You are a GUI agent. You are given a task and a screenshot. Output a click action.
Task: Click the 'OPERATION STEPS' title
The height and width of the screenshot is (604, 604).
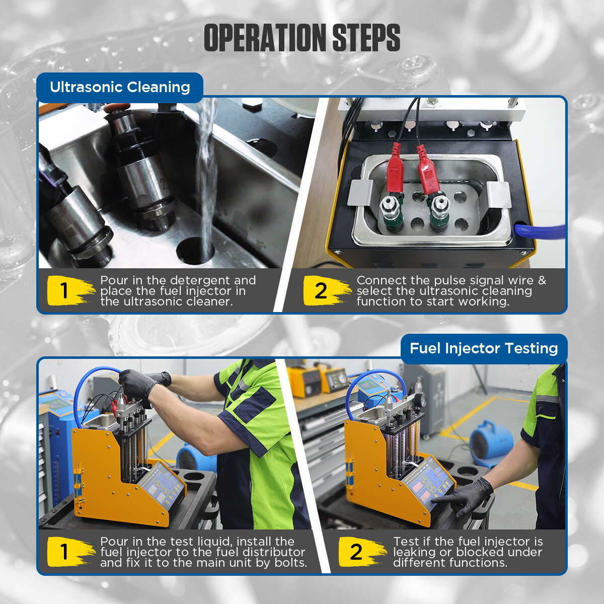pyautogui.click(x=302, y=38)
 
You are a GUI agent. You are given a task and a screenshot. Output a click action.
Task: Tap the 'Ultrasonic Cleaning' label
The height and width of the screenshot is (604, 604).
pyautogui.click(x=120, y=87)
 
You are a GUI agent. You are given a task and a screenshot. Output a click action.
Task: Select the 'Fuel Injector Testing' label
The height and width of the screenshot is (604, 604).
pyautogui.click(x=484, y=348)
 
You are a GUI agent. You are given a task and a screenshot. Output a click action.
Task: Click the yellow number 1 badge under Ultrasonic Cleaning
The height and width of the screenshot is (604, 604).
pyautogui.click(x=65, y=291)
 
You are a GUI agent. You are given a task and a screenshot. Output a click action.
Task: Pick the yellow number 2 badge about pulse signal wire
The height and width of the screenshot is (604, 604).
pyautogui.click(x=322, y=291)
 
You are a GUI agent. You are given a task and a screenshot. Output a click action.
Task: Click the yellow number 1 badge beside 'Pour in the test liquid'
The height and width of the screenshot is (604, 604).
pyautogui.click(x=65, y=552)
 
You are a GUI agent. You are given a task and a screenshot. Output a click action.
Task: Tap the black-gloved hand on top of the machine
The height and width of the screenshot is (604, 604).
pyautogui.click(x=138, y=385)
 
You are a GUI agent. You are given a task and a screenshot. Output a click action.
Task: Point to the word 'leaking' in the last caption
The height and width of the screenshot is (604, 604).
pyautogui.click(x=415, y=552)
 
